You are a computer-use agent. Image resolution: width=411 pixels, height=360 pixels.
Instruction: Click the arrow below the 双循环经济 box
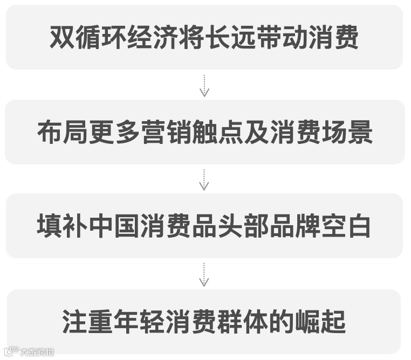(204, 85)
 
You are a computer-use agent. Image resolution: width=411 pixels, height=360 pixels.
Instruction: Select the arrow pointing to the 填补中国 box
(204, 179)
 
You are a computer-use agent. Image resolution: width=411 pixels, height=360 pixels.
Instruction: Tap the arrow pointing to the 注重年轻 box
(204, 275)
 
